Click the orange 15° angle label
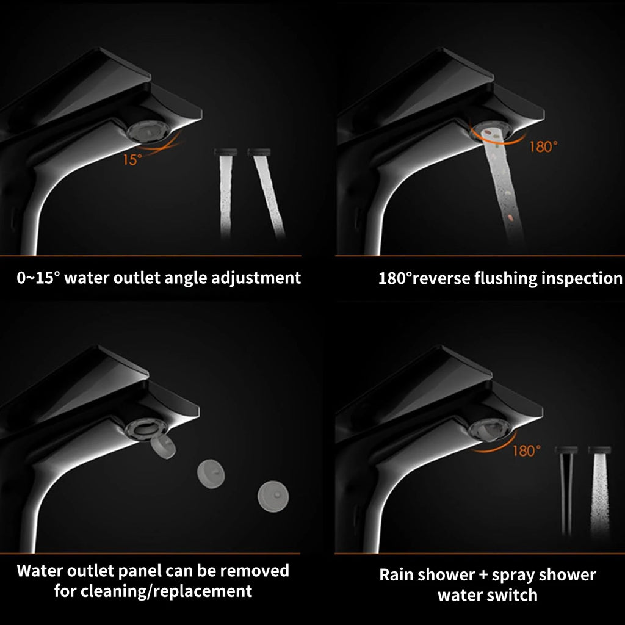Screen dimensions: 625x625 132,160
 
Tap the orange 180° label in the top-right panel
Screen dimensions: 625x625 543,146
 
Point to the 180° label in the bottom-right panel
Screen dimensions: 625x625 526,451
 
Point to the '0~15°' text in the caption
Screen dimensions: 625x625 38,278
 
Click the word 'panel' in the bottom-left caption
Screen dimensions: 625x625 142,571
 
